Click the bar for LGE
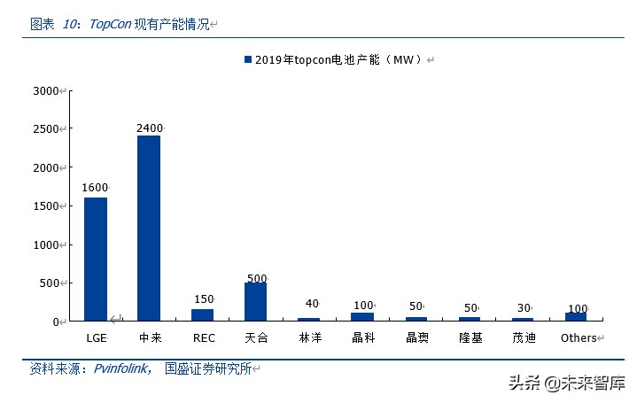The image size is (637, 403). point(96,259)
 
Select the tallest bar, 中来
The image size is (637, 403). point(149,228)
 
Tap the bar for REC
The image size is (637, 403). point(202,314)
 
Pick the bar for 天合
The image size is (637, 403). point(255,301)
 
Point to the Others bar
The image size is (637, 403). point(576,316)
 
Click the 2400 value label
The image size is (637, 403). point(150,128)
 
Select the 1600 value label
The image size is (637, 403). point(95,188)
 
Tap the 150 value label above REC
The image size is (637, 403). point(204,299)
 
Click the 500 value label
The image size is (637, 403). point(257,279)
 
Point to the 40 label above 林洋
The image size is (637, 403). point(311,304)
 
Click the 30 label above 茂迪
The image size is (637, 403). point(524,306)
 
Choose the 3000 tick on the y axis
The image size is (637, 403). point(44,90)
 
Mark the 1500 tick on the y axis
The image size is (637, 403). point(44,206)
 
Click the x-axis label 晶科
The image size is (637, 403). point(363,337)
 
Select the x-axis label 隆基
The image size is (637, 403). point(470,337)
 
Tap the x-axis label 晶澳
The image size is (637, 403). point(416,337)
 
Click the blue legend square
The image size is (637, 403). point(248,59)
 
